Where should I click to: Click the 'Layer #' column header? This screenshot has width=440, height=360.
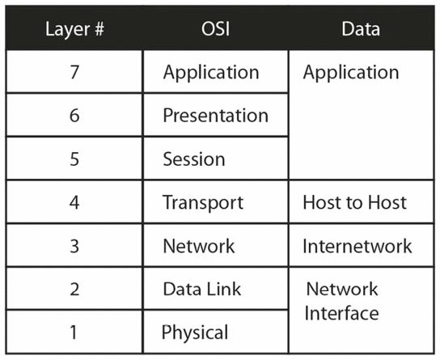click(74, 30)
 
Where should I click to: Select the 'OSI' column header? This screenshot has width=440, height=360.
click(215, 28)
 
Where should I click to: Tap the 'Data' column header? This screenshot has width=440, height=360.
click(361, 28)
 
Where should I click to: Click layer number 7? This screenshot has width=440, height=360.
click(74, 72)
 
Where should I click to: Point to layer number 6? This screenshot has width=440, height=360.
click(74, 116)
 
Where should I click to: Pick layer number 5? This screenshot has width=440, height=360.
click(74, 159)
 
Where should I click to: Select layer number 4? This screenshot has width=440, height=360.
click(74, 202)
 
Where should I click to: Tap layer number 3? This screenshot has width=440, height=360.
click(74, 246)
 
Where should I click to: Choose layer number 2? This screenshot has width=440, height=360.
click(74, 290)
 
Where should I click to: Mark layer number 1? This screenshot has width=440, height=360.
click(74, 332)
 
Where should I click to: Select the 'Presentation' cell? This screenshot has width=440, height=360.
click(215, 116)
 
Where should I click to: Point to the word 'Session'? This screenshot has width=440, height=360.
click(194, 159)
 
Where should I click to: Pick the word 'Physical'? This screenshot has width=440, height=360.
click(195, 333)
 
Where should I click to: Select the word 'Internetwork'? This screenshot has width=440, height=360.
click(357, 246)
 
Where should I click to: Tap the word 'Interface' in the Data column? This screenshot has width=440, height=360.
click(342, 313)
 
